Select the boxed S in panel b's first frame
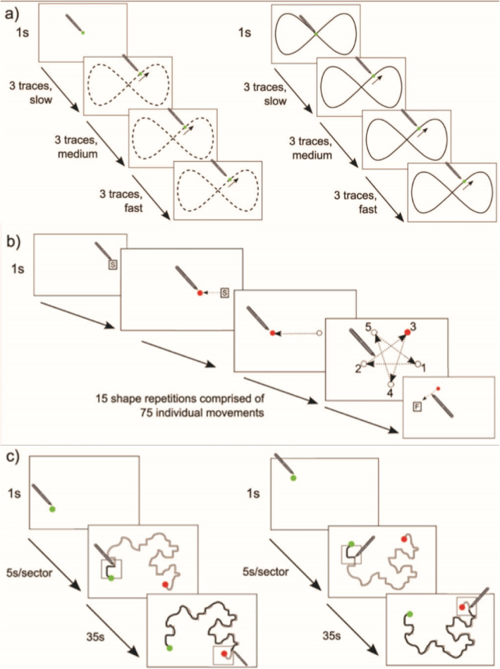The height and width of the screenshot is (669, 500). pos(111,265)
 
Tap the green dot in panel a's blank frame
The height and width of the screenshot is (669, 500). pos(83,33)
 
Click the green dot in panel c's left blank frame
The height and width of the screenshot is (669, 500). pos(51,508)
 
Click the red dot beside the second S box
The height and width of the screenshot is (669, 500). pos(200,292)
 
